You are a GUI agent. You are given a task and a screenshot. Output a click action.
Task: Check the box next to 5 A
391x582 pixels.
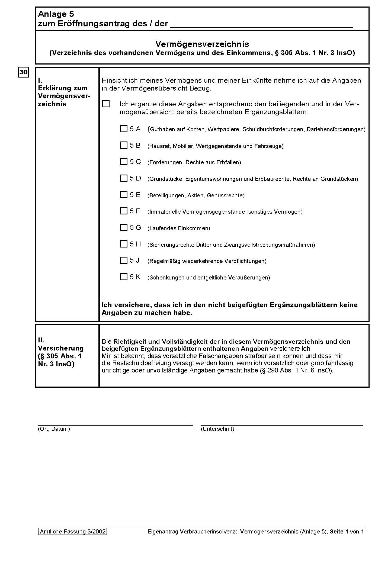[x=123, y=129]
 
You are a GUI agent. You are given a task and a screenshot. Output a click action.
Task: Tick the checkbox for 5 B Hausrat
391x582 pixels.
[x=123, y=145]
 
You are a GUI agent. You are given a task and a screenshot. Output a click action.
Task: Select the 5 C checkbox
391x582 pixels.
[x=123, y=162]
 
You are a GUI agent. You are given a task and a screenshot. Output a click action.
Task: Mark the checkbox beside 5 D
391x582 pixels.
[x=123, y=178]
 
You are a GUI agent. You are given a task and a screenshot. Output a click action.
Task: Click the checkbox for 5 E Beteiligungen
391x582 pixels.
[x=123, y=195]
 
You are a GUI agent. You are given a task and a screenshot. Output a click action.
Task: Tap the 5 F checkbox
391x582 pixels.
[x=123, y=211]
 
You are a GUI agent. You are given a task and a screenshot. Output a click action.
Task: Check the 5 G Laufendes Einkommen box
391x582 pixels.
[x=123, y=227]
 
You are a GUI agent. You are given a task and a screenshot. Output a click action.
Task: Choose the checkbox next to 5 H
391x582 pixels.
[x=123, y=244]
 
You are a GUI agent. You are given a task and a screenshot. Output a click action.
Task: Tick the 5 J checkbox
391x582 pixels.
[x=123, y=260]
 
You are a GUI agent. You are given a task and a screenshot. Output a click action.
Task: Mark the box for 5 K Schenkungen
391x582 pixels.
[x=123, y=277]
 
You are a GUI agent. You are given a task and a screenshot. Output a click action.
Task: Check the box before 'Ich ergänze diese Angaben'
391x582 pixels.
[x=106, y=104]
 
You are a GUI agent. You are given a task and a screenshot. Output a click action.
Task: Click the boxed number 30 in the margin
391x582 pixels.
[x=24, y=72]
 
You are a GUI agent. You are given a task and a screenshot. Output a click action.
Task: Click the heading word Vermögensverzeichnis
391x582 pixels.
[x=202, y=44]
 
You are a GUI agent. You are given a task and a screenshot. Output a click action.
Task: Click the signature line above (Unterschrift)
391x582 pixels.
[x=281, y=425]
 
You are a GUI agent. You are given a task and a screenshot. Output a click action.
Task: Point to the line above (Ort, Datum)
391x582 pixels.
[x=115, y=425]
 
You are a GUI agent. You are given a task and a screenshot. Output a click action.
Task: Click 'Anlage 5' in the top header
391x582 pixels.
[x=56, y=14]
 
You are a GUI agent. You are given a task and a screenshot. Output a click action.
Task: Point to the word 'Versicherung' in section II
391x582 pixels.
[x=61, y=348]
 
